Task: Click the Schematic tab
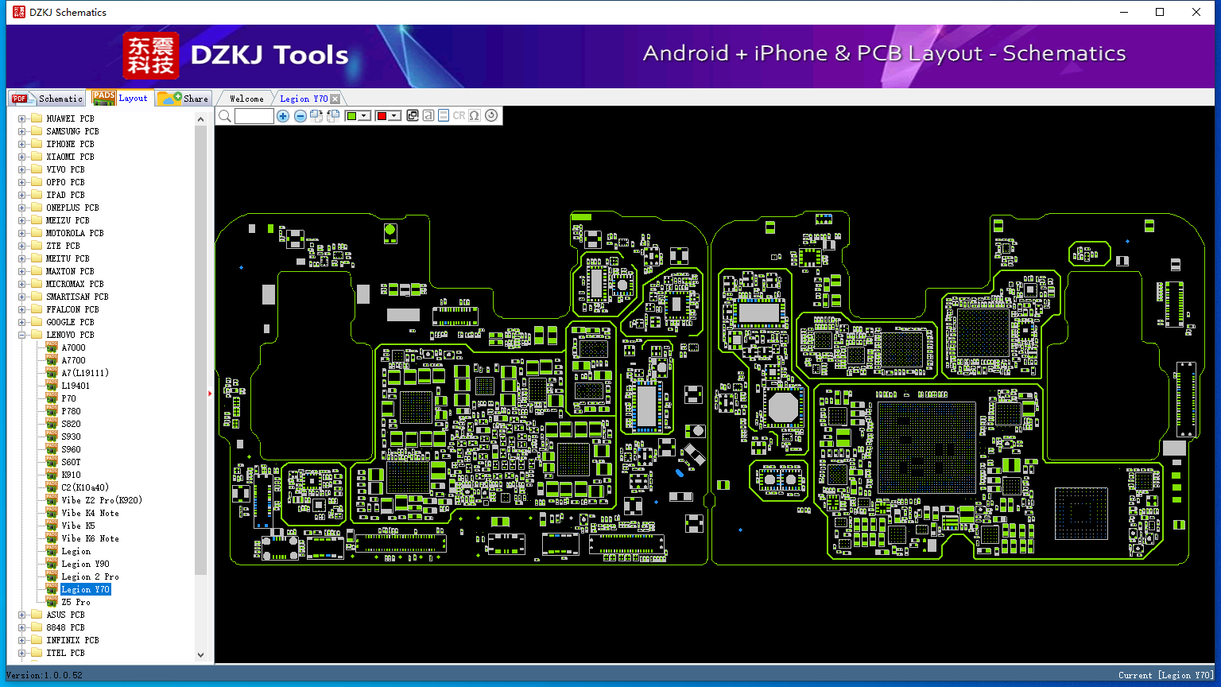pos(48,98)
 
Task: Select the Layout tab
pos(121,98)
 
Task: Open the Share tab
pos(183,98)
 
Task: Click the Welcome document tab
pos(246,99)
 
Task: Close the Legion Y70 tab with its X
pos(335,99)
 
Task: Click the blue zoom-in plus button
pos(283,115)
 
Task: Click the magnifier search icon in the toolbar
pos(225,115)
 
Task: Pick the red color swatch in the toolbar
pos(382,115)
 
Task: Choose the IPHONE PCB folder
pos(70,144)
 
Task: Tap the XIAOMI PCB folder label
pos(70,157)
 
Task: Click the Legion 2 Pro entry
pos(90,576)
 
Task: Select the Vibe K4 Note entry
pos(90,513)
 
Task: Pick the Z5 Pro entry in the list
pos(76,602)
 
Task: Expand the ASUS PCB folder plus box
pos(21,615)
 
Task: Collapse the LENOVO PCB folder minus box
pos(21,335)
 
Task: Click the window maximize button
pos(1160,12)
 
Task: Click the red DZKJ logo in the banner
pos(151,55)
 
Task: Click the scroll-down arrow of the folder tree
pos(200,655)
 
